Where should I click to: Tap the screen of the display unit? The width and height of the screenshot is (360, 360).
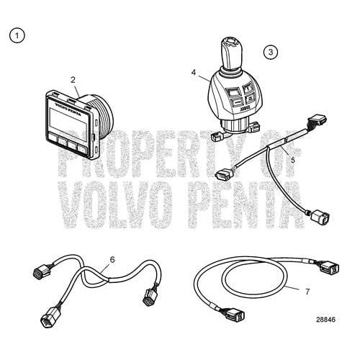(69, 117)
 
